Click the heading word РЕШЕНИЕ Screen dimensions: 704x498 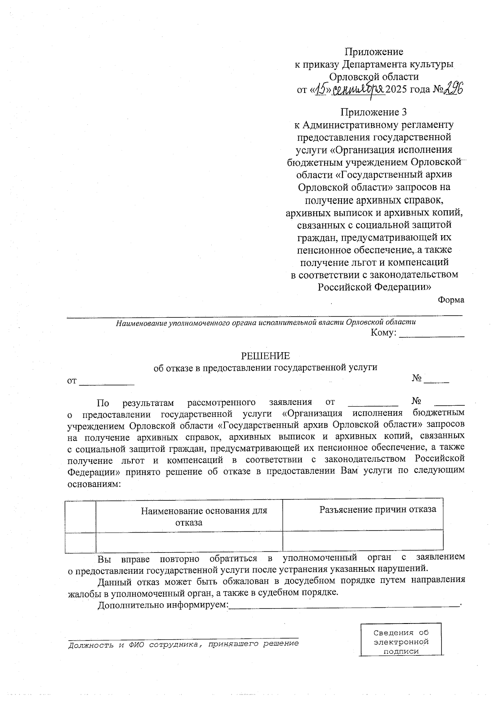click(266, 356)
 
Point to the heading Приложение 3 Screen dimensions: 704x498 click(373, 112)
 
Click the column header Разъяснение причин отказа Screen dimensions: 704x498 click(378, 509)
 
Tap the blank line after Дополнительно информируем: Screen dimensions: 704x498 click(344, 605)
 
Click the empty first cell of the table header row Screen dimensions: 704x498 click(81, 516)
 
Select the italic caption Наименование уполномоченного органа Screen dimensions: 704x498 click(266, 322)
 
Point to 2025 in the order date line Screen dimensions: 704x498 click(397, 90)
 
